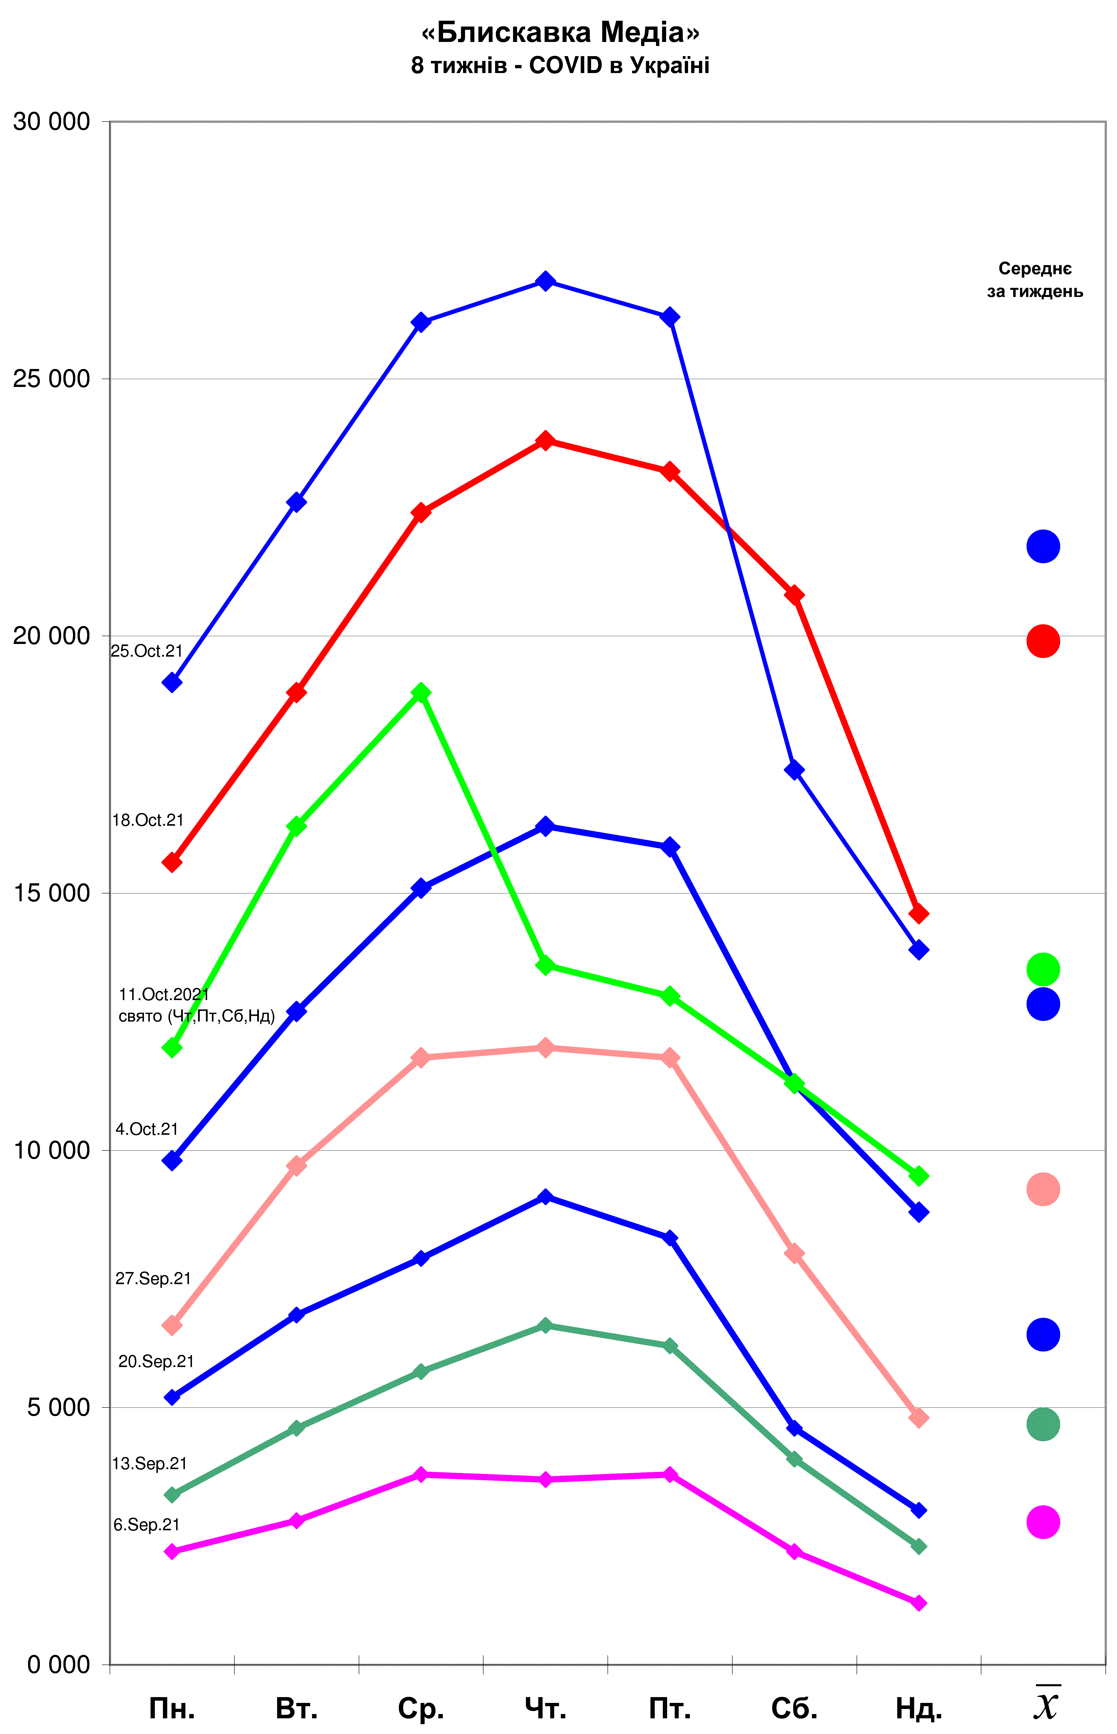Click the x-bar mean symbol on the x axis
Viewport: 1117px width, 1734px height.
(x=1046, y=1703)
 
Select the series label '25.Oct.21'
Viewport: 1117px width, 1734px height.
(x=147, y=651)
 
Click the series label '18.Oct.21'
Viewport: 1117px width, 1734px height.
(x=148, y=820)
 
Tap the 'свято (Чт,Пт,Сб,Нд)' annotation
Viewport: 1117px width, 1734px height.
(x=197, y=1016)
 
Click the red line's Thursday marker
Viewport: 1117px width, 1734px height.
(x=545, y=441)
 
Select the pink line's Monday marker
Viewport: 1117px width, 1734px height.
(x=172, y=1326)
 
